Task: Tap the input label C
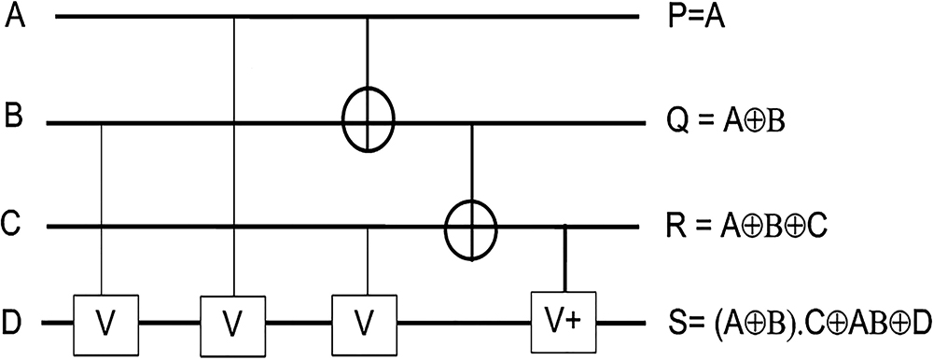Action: pos(13,226)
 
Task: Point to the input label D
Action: pos(13,325)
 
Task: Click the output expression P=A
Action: pos(697,18)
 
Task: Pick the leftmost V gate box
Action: pos(106,325)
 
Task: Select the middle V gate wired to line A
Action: pos(232,325)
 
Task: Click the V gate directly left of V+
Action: pos(364,325)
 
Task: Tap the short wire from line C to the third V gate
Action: pos(368,262)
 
